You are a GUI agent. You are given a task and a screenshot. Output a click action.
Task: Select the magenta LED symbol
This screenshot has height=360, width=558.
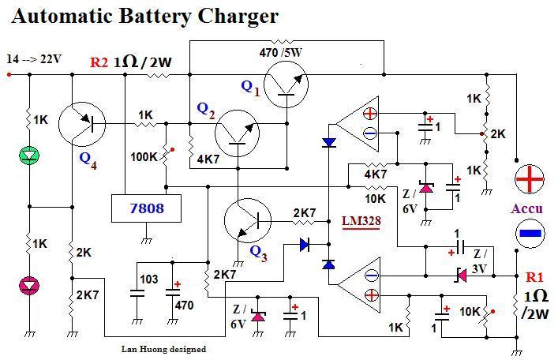point(30,284)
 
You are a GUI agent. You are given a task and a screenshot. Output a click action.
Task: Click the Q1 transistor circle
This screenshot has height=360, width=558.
point(286,84)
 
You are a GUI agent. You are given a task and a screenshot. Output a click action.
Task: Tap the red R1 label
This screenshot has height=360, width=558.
point(534,277)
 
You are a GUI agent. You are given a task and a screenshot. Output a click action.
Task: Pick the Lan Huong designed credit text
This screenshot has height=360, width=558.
point(164,348)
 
